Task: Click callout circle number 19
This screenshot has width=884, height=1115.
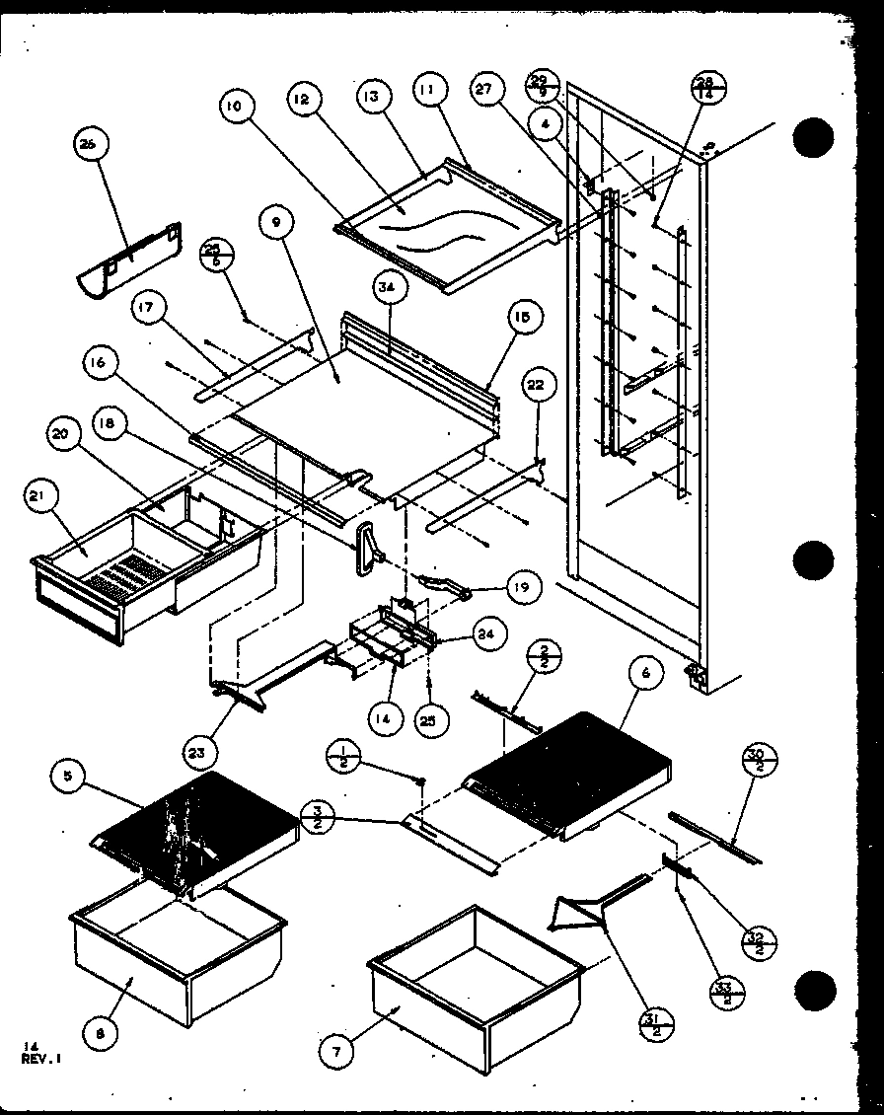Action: click(526, 588)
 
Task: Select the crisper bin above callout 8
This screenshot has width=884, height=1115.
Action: click(178, 947)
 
